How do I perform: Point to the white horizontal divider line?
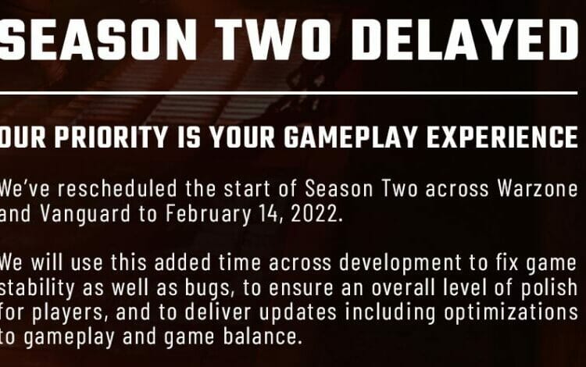point(288,93)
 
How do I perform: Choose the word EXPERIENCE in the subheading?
point(502,137)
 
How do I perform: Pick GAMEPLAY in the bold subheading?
point(350,137)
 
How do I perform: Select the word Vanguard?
point(86,214)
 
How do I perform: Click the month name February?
point(208,214)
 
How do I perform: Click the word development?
point(400,263)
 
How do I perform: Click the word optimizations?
point(511,313)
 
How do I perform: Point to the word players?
point(68,313)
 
